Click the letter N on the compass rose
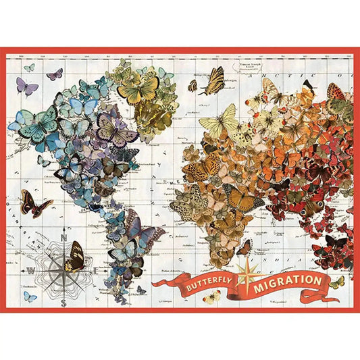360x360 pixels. [63, 237]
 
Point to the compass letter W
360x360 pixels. [30, 269]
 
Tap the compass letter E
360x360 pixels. [94, 268]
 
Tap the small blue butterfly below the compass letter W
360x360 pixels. [30, 296]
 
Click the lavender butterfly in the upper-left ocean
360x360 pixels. [26, 85]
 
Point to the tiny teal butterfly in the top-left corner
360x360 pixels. [29, 68]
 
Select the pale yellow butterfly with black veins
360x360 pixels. [218, 120]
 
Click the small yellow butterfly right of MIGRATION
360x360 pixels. [336, 282]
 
